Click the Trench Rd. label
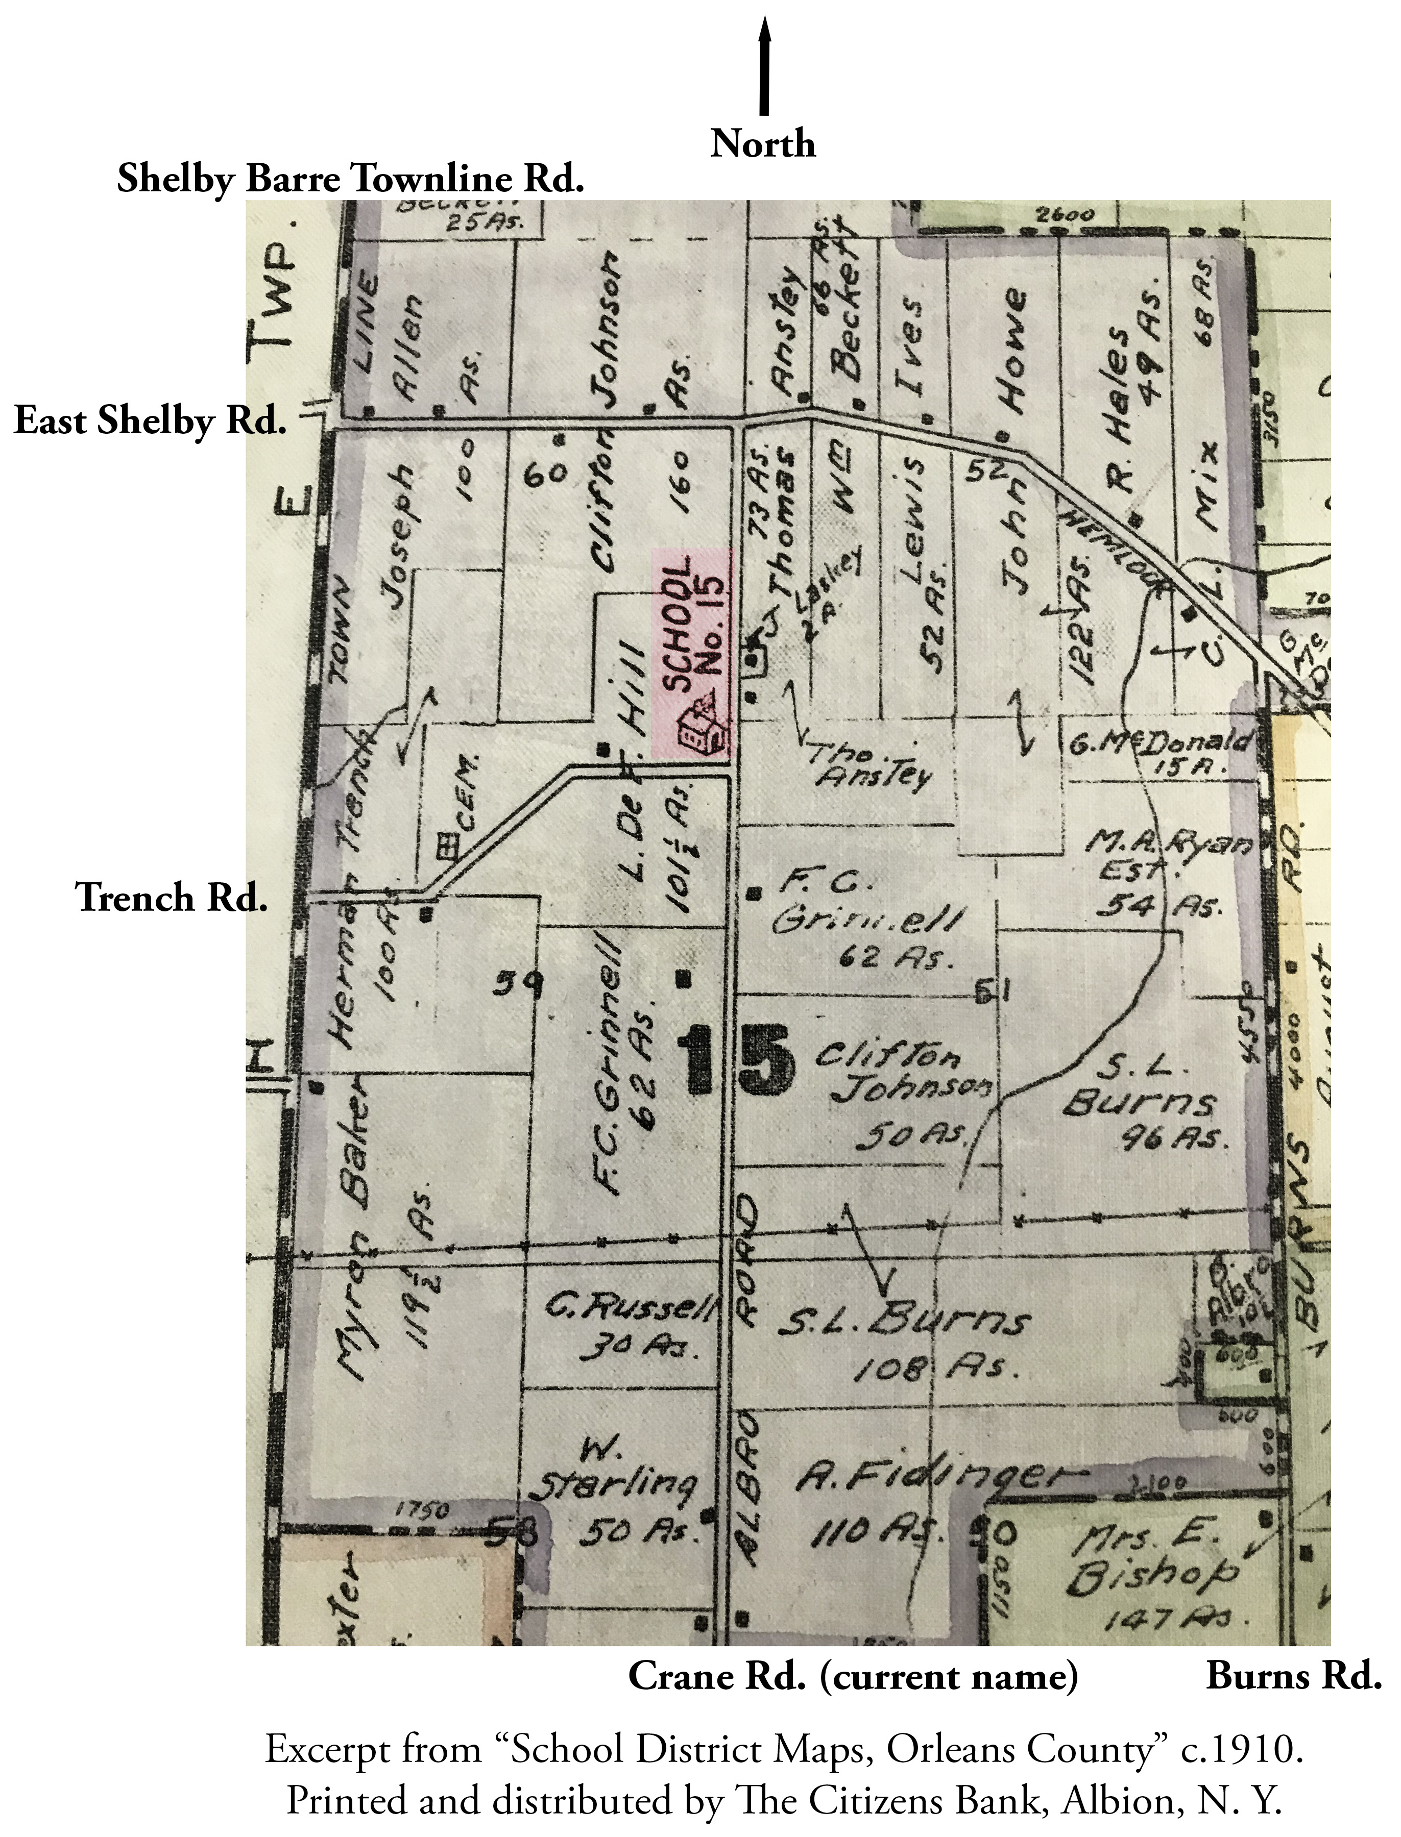(172, 898)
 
